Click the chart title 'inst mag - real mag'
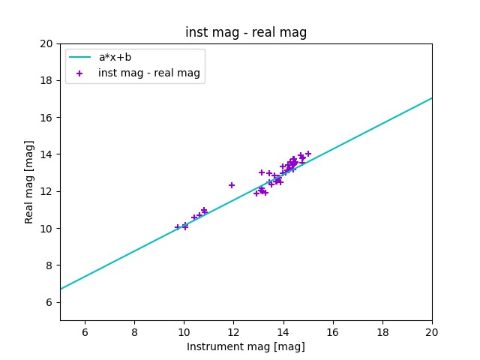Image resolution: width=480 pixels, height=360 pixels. pos(246,32)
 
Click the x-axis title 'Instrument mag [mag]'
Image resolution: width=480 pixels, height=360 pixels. pos(246,346)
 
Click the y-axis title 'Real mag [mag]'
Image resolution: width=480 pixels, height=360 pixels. pos(30,181)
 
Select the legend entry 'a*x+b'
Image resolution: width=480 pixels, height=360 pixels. pos(114,57)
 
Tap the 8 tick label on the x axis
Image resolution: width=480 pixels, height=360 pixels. pos(134,331)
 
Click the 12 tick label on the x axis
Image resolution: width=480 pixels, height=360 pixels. pos(233,331)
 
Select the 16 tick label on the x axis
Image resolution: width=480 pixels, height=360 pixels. pos(333,331)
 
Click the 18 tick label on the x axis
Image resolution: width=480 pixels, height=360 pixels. pos(382,331)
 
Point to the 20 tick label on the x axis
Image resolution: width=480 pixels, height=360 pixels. pos(432,331)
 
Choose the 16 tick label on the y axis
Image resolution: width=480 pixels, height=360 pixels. pos(47,117)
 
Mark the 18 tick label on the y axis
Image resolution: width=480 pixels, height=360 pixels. pos(47,80)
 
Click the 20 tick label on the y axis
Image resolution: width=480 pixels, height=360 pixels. pos(47,43)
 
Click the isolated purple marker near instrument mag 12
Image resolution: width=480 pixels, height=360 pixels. pos(232,185)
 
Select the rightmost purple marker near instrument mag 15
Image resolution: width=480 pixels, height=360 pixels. pos(308,154)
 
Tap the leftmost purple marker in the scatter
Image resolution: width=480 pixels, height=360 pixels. pos(178,227)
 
